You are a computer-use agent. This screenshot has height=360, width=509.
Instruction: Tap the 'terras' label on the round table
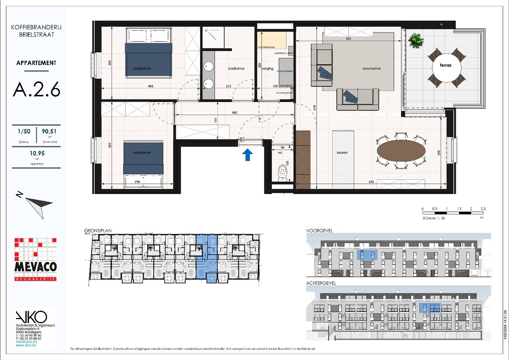[445, 65]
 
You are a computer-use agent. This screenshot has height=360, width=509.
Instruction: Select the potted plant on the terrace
[416, 40]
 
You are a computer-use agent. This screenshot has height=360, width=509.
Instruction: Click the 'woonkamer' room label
[371, 68]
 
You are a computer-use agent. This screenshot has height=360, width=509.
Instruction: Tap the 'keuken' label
[342, 152]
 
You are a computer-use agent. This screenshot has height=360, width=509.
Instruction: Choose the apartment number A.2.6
[36, 89]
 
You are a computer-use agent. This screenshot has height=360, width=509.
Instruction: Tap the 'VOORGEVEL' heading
[319, 231]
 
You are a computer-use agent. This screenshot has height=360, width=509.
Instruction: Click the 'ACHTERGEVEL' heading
[321, 283]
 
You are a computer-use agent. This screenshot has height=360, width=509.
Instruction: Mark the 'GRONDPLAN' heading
[98, 231]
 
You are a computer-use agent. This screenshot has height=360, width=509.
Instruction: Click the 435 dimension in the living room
[349, 39]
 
